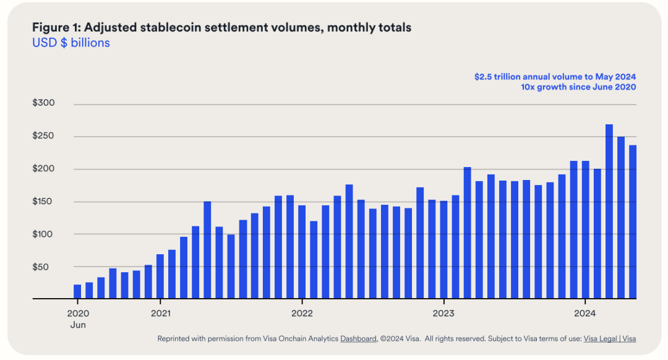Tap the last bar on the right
tap(633, 222)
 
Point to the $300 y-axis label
tap(44, 103)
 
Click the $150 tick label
tap(44, 202)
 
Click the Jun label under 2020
tap(78, 324)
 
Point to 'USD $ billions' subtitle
tap(71, 43)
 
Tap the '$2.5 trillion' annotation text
tap(499, 77)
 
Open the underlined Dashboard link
tap(358, 339)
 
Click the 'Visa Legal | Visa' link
tap(610, 339)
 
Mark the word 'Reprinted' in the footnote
tap(176, 339)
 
